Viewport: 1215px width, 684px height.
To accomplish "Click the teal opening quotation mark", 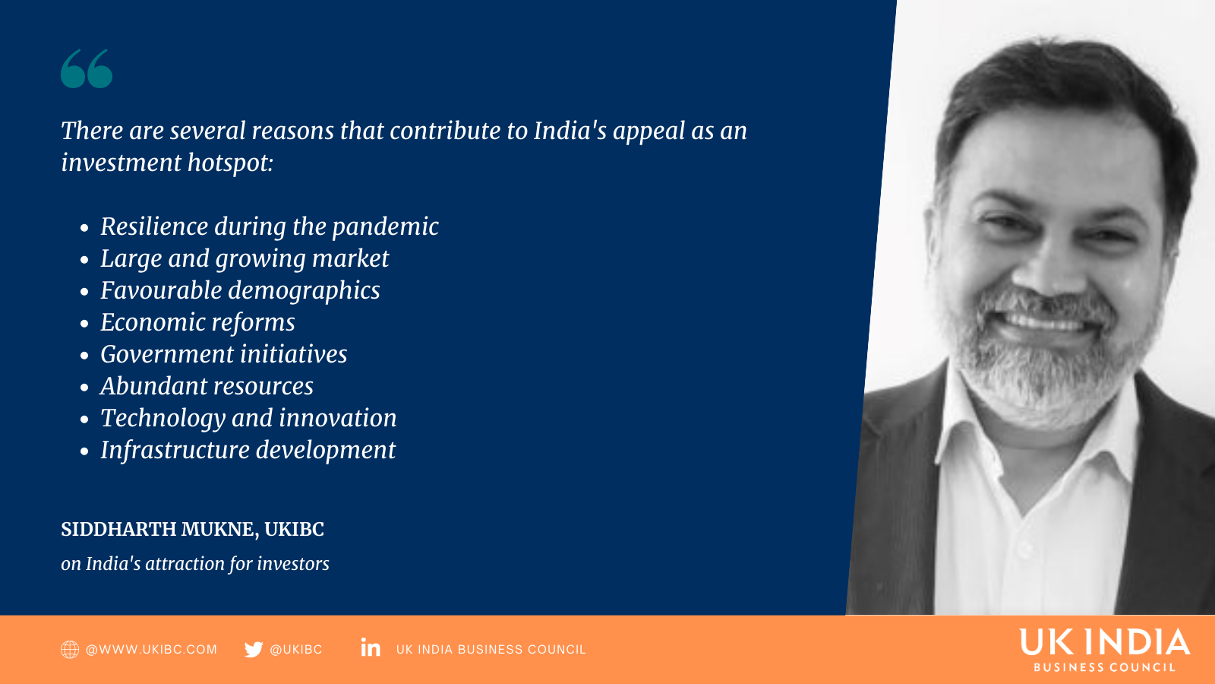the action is pos(87,68).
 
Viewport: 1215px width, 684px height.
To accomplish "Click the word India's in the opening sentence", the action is pos(570,131).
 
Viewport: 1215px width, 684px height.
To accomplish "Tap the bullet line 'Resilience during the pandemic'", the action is pos(270,227).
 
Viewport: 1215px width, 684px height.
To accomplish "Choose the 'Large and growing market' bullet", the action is pos(245,259).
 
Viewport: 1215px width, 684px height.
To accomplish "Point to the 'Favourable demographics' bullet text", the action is pos(240,291).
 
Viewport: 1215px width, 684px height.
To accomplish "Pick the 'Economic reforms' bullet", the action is pos(197,322).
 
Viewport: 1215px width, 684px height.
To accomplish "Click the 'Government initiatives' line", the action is pos(223,354).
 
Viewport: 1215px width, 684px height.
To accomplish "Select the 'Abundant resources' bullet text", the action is pos(207,386).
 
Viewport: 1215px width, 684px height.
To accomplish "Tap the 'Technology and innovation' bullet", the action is pos(248,419).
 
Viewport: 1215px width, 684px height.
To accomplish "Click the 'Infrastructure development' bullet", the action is pos(248,451).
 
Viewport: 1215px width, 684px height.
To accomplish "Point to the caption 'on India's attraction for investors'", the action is pos(194,564).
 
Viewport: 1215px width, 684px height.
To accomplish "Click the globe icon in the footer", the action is pos(69,649).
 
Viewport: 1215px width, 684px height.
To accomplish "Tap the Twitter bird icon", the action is pos(254,649).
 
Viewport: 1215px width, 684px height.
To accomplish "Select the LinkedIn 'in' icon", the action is pos(371,647).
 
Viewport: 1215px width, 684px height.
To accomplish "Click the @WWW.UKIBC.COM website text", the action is pos(151,650).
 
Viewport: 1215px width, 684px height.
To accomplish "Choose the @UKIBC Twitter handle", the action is pos(295,650).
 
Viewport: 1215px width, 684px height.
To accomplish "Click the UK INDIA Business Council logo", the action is pos(1105,651).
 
